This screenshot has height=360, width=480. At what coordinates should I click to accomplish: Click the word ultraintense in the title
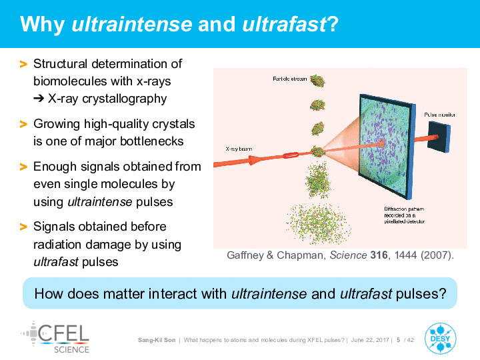(x=132, y=24)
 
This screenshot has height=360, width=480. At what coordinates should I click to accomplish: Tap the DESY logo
(x=440, y=338)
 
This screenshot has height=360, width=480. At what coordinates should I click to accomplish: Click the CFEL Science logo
(x=55, y=337)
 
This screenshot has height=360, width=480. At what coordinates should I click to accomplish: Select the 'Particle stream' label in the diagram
(x=289, y=79)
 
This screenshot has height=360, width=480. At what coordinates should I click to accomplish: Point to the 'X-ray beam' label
(x=239, y=149)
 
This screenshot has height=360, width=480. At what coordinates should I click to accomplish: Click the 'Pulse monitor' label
(x=439, y=115)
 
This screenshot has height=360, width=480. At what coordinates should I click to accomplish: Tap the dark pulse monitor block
(x=439, y=137)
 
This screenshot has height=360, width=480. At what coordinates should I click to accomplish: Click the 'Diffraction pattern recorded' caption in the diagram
(x=405, y=215)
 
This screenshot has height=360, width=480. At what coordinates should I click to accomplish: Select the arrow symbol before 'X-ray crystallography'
(x=39, y=99)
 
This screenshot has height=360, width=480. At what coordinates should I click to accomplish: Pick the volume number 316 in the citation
(x=379, y=255)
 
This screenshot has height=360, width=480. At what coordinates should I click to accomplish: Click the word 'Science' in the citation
(x=348, y=255)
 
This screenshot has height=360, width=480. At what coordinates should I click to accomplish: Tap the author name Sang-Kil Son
(x=157, y=340)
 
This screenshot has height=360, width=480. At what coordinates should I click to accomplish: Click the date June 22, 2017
(x=370, y=340)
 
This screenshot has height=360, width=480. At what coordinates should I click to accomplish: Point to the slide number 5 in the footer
(x=398, y=340)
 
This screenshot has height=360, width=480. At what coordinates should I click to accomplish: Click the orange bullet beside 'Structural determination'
(x=23, y=64)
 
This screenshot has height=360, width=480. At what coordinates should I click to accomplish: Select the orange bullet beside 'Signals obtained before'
(x=23, y=227)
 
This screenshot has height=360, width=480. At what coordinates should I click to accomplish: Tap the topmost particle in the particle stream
(x=317, y=81)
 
